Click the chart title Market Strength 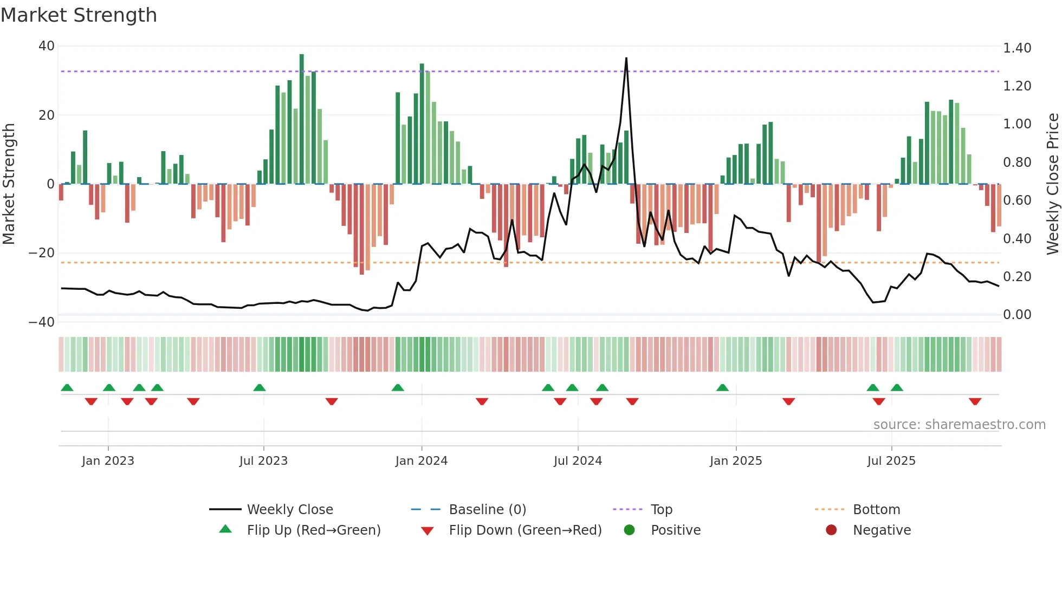pos(79,15)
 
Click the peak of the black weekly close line pos(626,59)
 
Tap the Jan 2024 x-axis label pos(421,461)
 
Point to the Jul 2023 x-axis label pos(263,461)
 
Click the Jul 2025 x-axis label pos(891,461)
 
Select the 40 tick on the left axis pos(47,46)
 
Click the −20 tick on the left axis pos(41,253)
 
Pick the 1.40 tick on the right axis pos(1017,48)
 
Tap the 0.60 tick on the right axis pos(1017,200)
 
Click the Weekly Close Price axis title pos(1052,184)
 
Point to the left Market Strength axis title pos(9,184)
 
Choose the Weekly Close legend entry pos(289,510)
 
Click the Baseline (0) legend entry pos(487,510)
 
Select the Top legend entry pos(661,510)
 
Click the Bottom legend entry pos(876,510)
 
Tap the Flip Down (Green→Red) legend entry pos(524,530)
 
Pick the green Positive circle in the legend pos(629,530)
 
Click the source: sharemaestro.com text pos(959,425)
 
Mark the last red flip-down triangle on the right pos(975,401)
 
